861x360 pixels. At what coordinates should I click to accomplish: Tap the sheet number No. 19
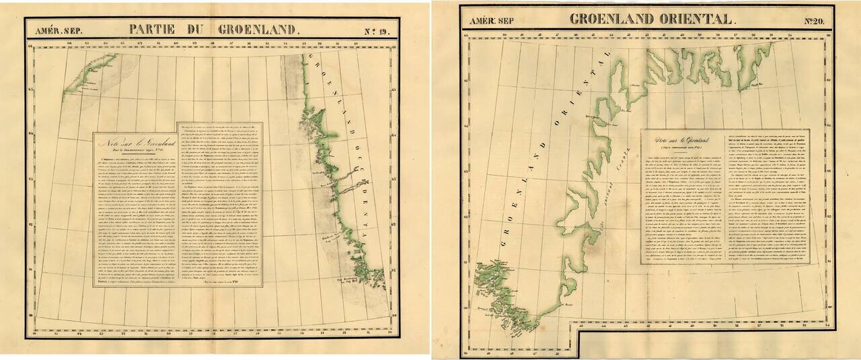click(x=377, y=30)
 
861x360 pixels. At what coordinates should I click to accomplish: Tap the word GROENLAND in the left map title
click(x=256, y=29)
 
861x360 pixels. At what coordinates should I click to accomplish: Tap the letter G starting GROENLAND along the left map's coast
click(x=310, y=58)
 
